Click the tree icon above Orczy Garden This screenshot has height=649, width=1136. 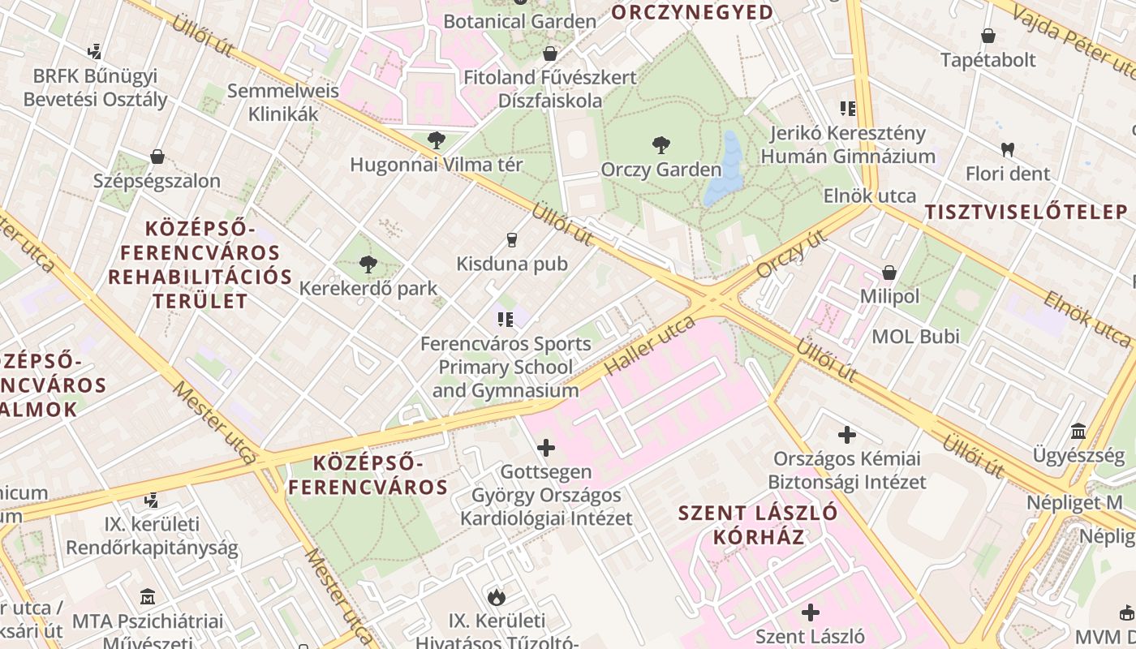(x=661, y=146)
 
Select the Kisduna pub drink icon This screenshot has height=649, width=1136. (x=511, y=240)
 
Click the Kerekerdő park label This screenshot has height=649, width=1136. (x=368, y=288)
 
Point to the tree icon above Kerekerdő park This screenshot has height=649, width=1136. (x=368, y=264)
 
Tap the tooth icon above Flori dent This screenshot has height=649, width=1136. (x=1008, y=149)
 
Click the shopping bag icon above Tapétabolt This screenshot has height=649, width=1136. (x=988, y=36)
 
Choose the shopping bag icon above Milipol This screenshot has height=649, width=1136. (x=889, y=273)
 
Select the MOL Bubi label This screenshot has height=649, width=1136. (x=915, y=336)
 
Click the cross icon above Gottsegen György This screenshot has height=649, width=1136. (x=546, y=447)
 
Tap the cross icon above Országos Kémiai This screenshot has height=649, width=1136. (x=847, y=435)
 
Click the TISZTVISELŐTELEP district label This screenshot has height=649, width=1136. (x=1026, y=213)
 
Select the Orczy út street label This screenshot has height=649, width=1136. (x=790, y=253)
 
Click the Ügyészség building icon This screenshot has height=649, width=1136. (x=1078, y=431)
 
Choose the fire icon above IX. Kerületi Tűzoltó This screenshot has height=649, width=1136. (x=496, y=598)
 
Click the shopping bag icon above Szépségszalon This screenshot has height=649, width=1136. (x=157, y=157)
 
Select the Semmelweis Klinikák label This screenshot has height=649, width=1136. (x=283, y=102)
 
